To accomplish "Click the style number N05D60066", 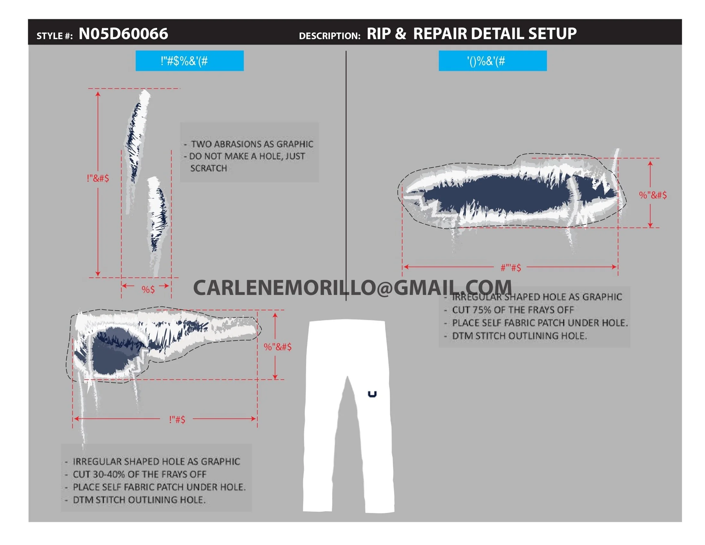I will [x=123, y=34].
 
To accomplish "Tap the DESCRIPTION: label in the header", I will [x=329, y=36].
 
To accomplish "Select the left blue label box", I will [x=189, y=61].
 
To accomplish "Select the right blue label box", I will [x=493, y=61].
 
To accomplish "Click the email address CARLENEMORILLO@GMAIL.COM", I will [x=352, y=287].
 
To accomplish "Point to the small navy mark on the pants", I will [x=372, y=394].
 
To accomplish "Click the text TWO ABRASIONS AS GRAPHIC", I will [x=252, y=144].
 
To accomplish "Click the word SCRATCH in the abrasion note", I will [x=209, y=168].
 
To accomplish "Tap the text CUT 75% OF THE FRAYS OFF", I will [x=513, y=310].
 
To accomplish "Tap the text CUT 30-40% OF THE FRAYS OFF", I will [x=139, y=474].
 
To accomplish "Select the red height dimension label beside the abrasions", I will [x=98, y=178].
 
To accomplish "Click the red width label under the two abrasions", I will [x=148, y=289].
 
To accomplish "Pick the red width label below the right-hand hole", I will [x=511, y=268].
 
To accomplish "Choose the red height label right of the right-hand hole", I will [x=653, y=195].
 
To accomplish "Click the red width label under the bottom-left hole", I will [x=177, y=419].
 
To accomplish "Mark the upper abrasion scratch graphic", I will [x=137, y=136].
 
